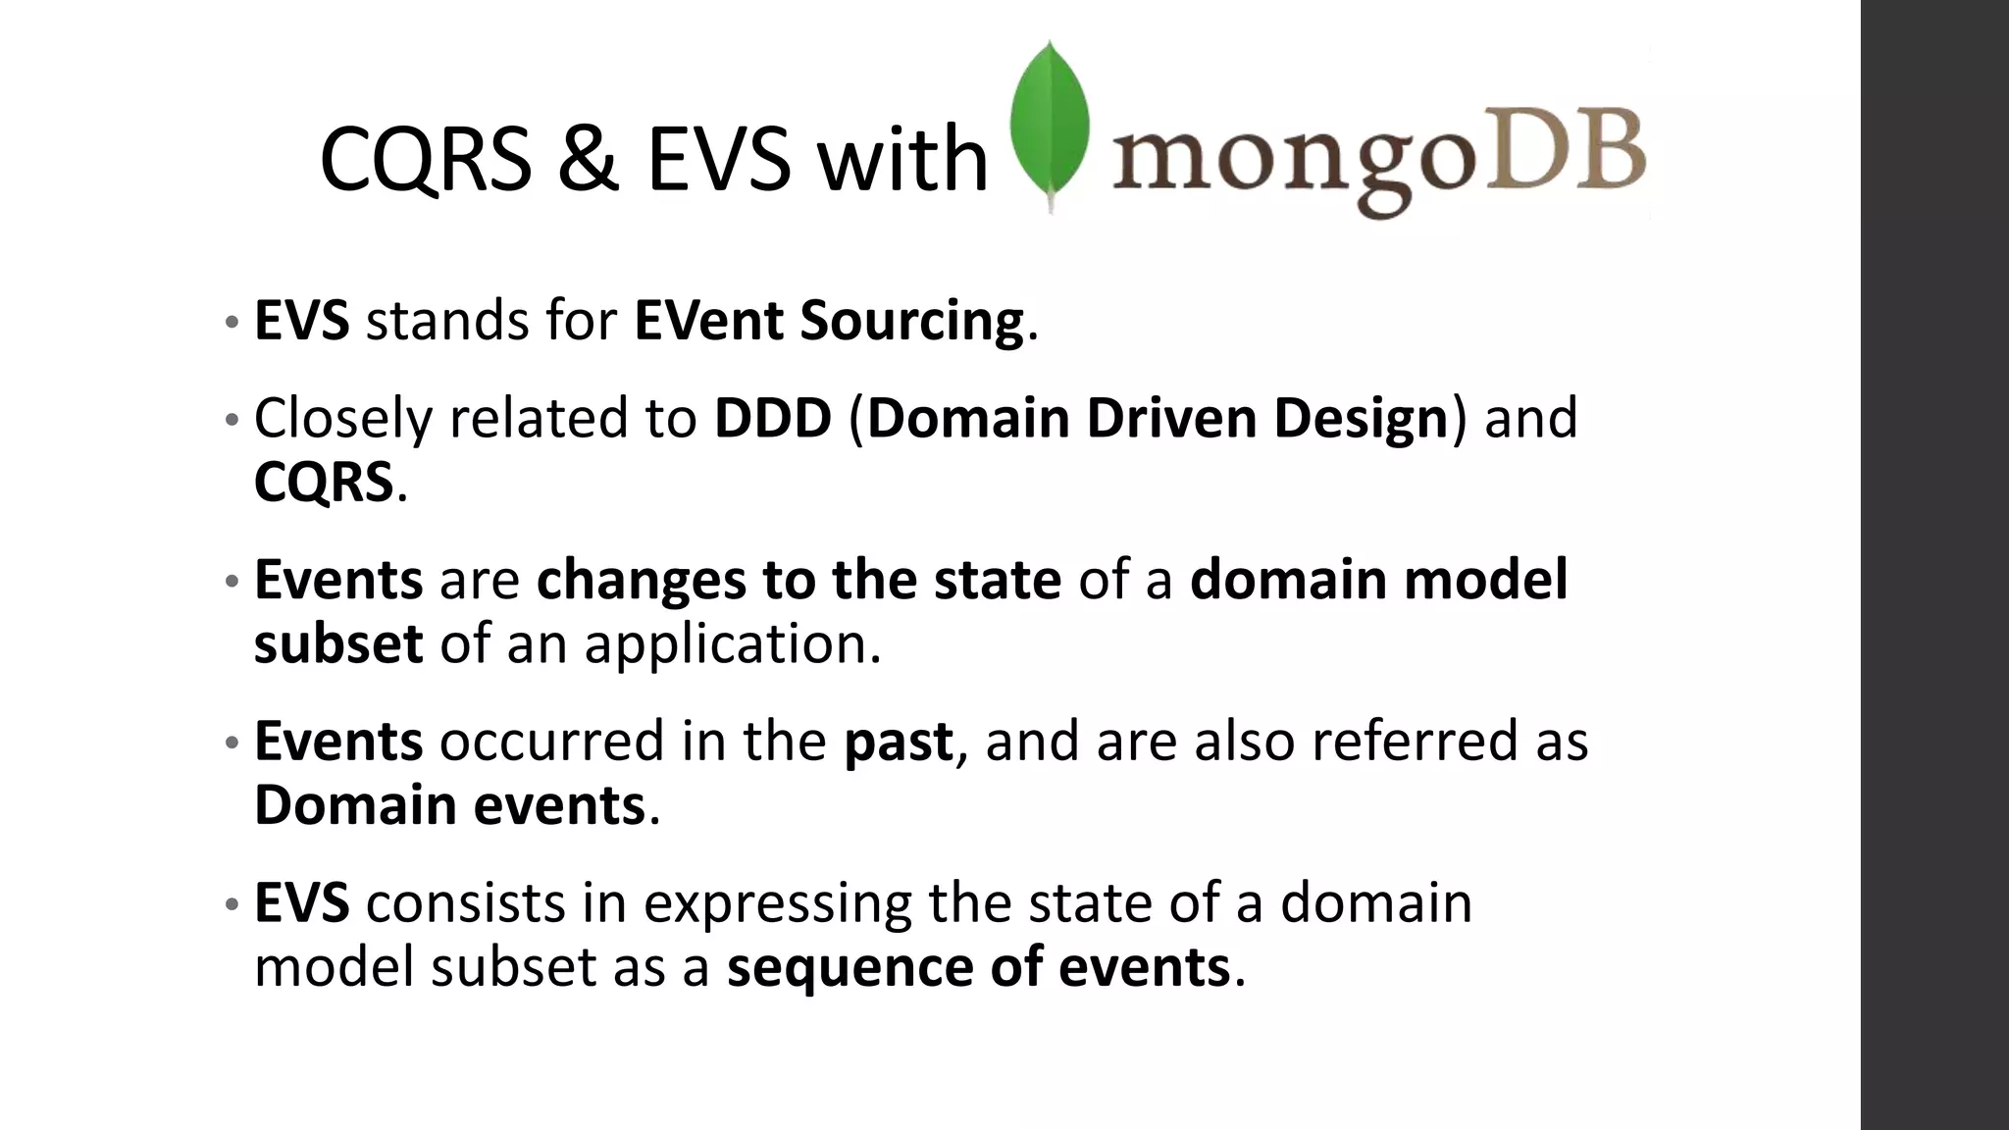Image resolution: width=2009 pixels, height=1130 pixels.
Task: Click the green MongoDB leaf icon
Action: click(x=1051, y=123)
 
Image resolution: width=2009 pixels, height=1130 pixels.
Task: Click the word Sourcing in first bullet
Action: click(x=911, y=321)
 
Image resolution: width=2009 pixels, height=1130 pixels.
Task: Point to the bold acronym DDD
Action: click(x=772, y=418)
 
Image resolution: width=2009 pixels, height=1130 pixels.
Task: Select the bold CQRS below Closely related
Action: click(x=323, y=483)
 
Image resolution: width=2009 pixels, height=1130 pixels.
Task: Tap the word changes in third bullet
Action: click(x=640, y=580)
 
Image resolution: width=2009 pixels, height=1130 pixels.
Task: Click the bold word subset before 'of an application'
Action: click(x=337, y=643)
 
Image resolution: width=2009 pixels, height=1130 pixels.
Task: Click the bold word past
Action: click(x=898, y=742)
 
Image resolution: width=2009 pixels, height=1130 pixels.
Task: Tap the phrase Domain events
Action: click(x=449, y=805)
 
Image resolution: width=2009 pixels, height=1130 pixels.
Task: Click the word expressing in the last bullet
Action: click(x=777, y=903)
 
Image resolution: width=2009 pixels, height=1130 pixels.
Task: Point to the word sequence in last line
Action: click(x=850, y=967)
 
